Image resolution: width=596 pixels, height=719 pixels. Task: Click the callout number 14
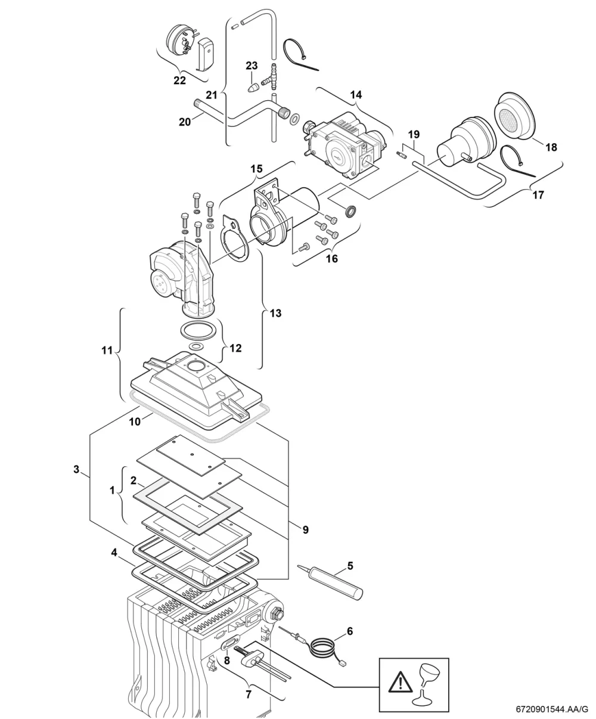pyautogui.click(x=356, y=95)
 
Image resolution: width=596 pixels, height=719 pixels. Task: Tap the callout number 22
pyautogui.click(x=179, y=80)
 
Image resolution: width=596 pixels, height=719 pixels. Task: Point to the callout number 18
pyautogui.click(x=551, y=147)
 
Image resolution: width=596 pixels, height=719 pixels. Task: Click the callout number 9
pyautogui.click(x=305, y=530)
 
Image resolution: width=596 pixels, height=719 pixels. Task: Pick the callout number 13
pyautogui.click(x=275, y=314)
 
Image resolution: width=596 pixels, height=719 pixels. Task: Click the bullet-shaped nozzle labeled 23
pyautogui.click(x=254, y=87)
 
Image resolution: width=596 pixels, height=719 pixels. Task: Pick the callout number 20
pyautogui.click(x=185, y=122)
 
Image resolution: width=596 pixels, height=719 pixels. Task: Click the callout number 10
pyautogui.click(x=135, y=422)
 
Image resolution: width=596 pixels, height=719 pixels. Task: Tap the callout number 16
pyautogui.click(x=332, y=258)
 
